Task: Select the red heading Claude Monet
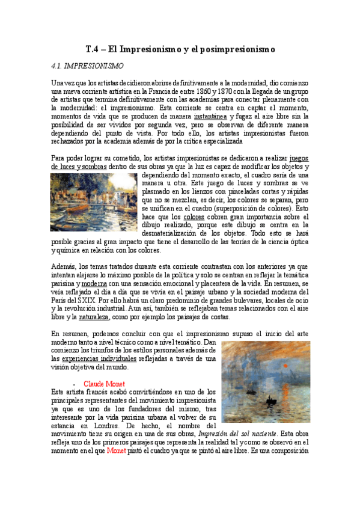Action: click(103, 383)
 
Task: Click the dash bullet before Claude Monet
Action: click(73, 383)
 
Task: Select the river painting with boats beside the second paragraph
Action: click(93, 201)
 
